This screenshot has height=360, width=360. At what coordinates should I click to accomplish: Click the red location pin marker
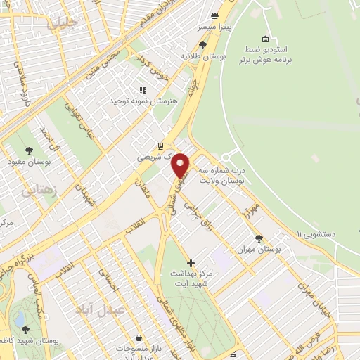[181, 165]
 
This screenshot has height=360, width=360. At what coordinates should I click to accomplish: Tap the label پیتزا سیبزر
[216, 27]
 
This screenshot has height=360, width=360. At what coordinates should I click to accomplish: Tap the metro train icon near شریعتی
[161, 146]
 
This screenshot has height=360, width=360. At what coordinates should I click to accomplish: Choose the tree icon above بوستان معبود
[28, 150]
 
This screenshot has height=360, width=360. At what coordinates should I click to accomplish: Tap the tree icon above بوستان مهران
[259, 238]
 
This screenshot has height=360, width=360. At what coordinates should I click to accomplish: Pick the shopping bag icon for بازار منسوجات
[139, 338]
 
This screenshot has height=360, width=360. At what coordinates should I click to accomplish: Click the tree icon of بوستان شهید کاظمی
[26, 329]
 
